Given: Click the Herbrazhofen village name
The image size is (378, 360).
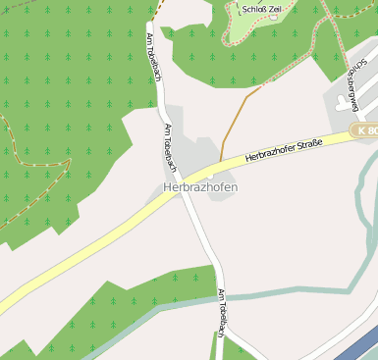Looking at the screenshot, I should coord(200,187).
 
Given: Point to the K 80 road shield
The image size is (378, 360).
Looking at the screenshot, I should coord(367,129).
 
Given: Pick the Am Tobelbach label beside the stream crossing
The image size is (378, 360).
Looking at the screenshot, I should coord(223,313).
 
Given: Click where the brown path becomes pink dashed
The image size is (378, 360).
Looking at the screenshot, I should coord(262,87).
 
